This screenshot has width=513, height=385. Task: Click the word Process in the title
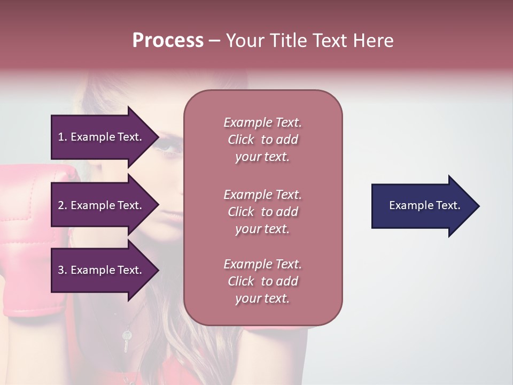tap(168, 41)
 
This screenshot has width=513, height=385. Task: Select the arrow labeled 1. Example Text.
tap(102, 137)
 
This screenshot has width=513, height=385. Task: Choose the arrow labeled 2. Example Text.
tap(102, 205)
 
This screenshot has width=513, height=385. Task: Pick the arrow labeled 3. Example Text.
tap(102, 270)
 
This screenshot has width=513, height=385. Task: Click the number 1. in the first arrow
tap(62, 137)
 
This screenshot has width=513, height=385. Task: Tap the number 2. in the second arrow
tap(63, 205)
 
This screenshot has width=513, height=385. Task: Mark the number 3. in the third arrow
tap(63, 270)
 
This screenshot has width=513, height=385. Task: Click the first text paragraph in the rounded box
tap(262, 140)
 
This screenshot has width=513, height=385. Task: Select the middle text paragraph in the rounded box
tap(262, 212)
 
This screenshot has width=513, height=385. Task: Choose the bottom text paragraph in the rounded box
tap(262, 281)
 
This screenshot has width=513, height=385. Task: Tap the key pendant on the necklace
tap(127, 339)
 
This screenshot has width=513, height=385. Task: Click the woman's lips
tap(170, 213)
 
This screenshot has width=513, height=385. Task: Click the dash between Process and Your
tap(214, 41)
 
